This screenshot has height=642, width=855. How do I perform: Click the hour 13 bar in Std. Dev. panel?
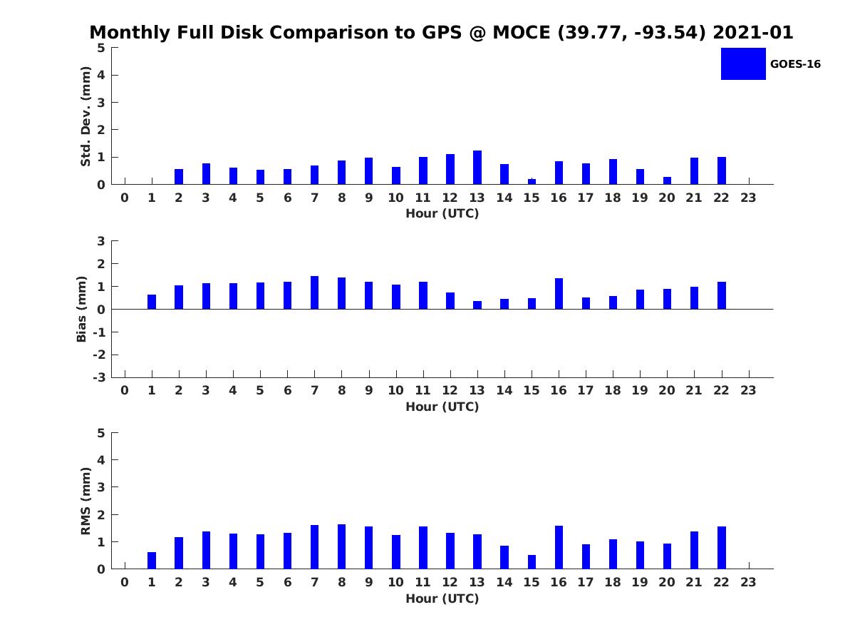tap(477, 168)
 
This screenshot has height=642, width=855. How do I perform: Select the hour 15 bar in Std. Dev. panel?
tap(532, 181)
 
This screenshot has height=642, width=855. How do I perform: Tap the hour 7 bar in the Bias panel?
tap(314, 292)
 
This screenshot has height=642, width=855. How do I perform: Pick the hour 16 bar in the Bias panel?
tap(559, 294)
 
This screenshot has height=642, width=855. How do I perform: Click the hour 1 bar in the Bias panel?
tap(152, 302)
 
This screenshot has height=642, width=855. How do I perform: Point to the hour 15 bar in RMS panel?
tap(532, 561)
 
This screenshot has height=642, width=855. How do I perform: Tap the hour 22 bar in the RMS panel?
tap(722, 547)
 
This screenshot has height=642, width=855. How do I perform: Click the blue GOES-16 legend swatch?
tap(743, 63)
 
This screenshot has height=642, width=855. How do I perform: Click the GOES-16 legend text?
tap(795, 64)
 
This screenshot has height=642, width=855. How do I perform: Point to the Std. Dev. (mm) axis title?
tap(86, 116)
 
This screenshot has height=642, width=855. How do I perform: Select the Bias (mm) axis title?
tap(82, 309)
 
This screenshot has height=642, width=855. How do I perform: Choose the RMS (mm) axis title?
tap(86, 501)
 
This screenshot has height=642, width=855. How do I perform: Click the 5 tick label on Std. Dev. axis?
tap(101, 48)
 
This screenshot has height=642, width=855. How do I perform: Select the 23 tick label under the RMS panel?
tap(748, 582)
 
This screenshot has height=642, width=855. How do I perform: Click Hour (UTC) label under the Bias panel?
tap(442, 407)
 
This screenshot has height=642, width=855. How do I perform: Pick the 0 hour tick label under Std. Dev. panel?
tap(125, 198)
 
